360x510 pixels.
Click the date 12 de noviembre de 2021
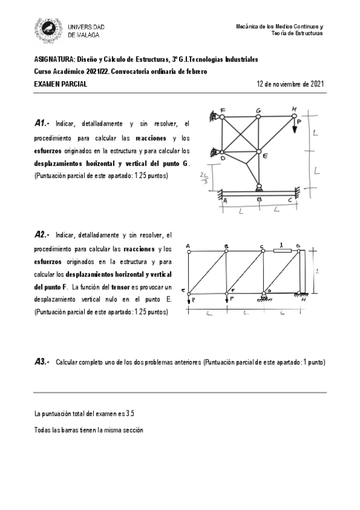(x=290, y=84)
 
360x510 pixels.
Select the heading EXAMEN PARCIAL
(x=61, y=84)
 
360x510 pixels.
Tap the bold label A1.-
(x=43, y=124)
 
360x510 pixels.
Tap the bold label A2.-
(x=43, y=235)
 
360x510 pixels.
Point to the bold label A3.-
(x=43, y=362)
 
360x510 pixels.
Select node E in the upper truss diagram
(x=258, y=152)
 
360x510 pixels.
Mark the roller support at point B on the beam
(x=259, y=188)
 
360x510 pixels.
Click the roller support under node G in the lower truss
(x=263, y=296)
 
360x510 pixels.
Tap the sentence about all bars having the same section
(x=89, y=431)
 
